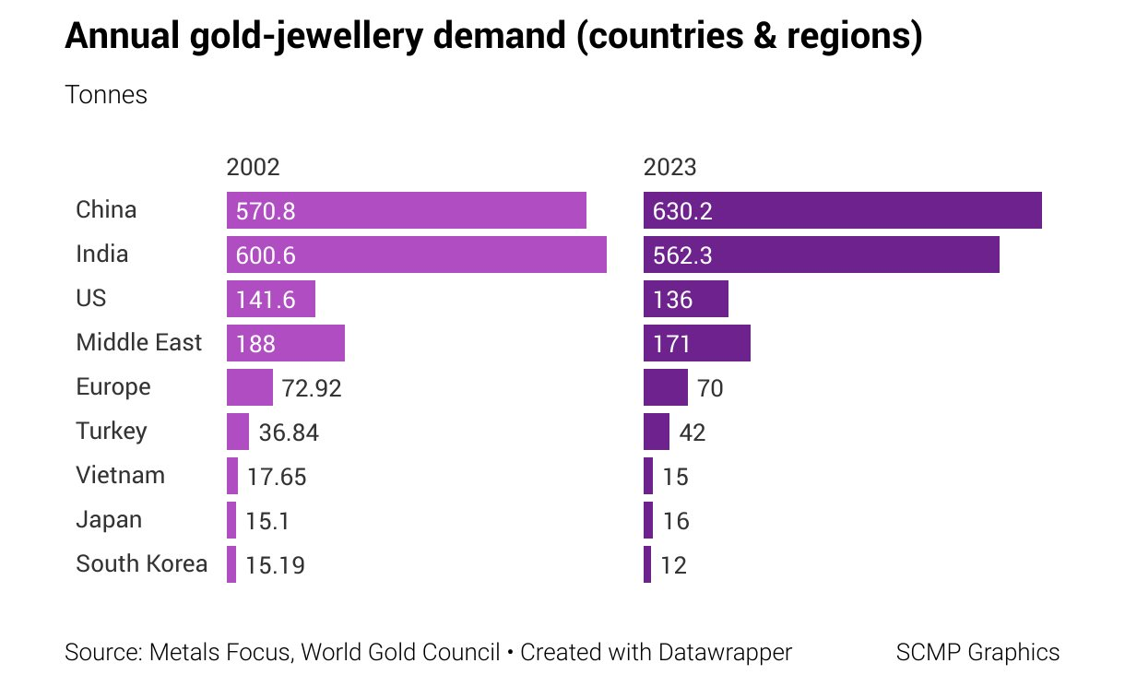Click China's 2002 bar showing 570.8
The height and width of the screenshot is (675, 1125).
406,210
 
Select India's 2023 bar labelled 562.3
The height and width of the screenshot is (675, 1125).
821,255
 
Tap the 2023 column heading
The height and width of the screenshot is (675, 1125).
669,167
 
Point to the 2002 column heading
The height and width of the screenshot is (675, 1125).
253,167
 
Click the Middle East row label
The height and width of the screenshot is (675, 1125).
138,343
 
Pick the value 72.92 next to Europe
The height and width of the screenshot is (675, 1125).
311,388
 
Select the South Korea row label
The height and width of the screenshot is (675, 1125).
141,563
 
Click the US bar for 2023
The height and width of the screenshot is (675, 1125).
685,299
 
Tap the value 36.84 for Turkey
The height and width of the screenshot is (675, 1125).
289,432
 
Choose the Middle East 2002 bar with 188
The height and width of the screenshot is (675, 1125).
285,343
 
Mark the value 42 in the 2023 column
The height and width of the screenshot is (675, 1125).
692,432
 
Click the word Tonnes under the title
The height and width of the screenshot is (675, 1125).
106,95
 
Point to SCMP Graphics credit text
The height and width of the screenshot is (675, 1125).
977,652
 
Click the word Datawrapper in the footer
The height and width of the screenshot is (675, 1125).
724,652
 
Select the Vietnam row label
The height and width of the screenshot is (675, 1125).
120,476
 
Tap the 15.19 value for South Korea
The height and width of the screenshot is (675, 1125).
276,565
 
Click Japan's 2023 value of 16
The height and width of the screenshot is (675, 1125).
675,521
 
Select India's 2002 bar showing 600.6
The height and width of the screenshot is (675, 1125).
416,255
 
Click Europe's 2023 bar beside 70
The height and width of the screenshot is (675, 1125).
665,387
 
